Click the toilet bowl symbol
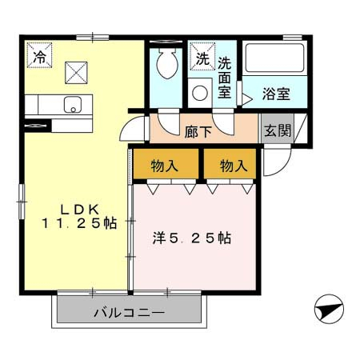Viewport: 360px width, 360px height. point(167,63)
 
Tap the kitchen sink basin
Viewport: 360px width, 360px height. point(73,105)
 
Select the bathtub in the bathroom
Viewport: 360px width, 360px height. point(274,58)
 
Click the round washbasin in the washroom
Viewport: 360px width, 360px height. point(200,93)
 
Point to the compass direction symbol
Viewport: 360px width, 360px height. point(329,309)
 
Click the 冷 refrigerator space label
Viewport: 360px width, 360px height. point(39,57)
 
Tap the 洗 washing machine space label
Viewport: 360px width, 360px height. point(202,58)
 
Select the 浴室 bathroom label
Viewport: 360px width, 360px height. point(276,94)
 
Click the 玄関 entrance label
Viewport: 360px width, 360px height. point(278,130)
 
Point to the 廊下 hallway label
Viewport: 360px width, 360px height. point(198,131)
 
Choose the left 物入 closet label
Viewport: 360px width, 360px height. point(165,166)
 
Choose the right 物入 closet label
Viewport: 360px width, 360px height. point(234,166)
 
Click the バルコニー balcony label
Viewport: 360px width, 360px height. point(130,312)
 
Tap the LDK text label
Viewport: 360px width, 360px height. point(80,210)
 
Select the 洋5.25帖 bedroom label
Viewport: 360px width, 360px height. point(192,238)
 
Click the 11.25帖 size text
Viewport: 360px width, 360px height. point(79,223)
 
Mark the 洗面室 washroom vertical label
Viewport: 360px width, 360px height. point(225,78)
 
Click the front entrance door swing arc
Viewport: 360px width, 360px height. point(282,166)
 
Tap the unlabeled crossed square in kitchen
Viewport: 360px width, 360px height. point(76,73)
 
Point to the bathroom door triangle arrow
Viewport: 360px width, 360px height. point(247,99)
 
